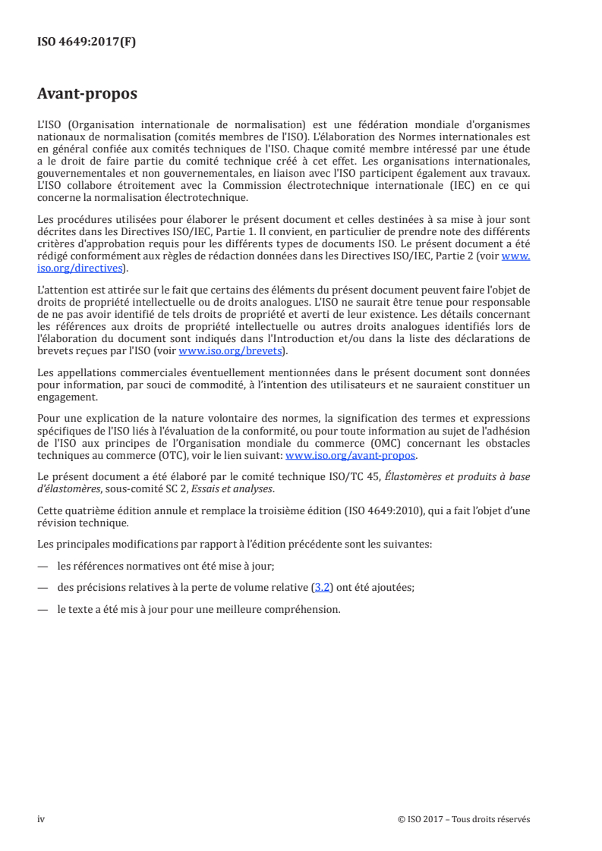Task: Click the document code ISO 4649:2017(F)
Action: click(87, 42)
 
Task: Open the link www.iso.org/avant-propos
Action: click(351, 456)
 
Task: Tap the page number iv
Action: click(41, 819)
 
